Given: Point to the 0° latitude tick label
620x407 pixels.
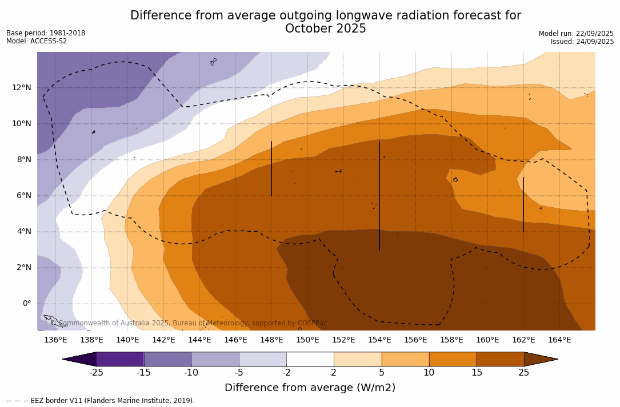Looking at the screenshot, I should (x=26, y=303).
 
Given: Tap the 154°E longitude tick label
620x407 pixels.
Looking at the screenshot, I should (x=379, y=340).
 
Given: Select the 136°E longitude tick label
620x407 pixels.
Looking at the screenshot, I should (x=55, y=340).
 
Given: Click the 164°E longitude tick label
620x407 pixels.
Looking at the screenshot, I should (x=559, y=340).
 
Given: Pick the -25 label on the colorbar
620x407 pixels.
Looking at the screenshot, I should (x=96, y=373).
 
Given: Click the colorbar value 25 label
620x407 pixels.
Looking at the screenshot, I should (x=523, y=373).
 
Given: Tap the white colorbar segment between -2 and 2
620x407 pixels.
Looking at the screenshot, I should (x=310, y=359).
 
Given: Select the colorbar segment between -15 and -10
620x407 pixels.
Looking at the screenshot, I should (x=167, y=359).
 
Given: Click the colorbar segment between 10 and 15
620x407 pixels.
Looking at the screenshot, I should (x=453, y=359).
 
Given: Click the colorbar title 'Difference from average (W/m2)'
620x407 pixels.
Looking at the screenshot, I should (x=310, y=388).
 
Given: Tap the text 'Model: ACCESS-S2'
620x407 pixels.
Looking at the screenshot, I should (x=37, y=41).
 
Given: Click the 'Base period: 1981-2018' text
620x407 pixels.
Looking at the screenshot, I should (x=46, y=33).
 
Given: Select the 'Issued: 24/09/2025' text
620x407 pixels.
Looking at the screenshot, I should (x=582, y=42).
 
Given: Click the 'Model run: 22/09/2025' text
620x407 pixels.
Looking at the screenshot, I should (x=576, y=34).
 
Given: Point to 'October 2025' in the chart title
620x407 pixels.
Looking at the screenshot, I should (x=326, y=29).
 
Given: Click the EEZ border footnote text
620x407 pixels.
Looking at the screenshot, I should (x=101, y=401).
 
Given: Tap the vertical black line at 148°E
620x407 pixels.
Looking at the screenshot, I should (x=271, y=169).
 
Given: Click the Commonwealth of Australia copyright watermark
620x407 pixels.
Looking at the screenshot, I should (x=189, y=323).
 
